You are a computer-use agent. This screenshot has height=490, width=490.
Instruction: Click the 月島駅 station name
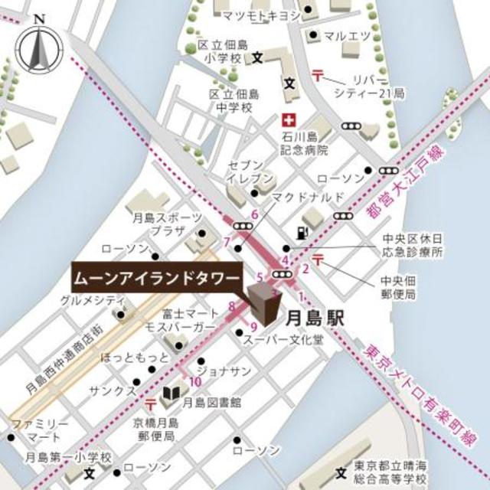(x=314, y=316)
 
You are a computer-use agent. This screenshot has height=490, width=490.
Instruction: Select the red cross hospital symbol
(x=289, y=121)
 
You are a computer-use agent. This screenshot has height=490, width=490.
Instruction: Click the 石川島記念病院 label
(x=304, y=143)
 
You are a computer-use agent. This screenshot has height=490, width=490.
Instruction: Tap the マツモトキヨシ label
(x=260, y=14)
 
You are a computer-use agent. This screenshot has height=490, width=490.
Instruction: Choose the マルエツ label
(x=347, y=35)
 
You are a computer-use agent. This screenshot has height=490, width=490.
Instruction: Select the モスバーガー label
(x=188, y=327)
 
